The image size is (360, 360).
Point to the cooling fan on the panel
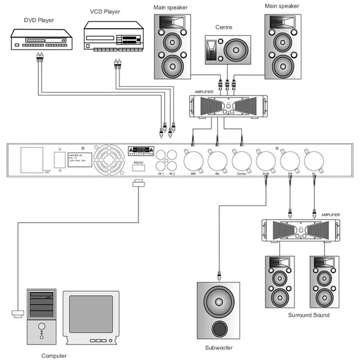[x=109, y=160]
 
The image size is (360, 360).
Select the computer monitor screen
[x=91, y=314]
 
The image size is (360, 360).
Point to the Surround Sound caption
[x=309, y=315]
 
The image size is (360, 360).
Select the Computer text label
[x=54, y=355]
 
